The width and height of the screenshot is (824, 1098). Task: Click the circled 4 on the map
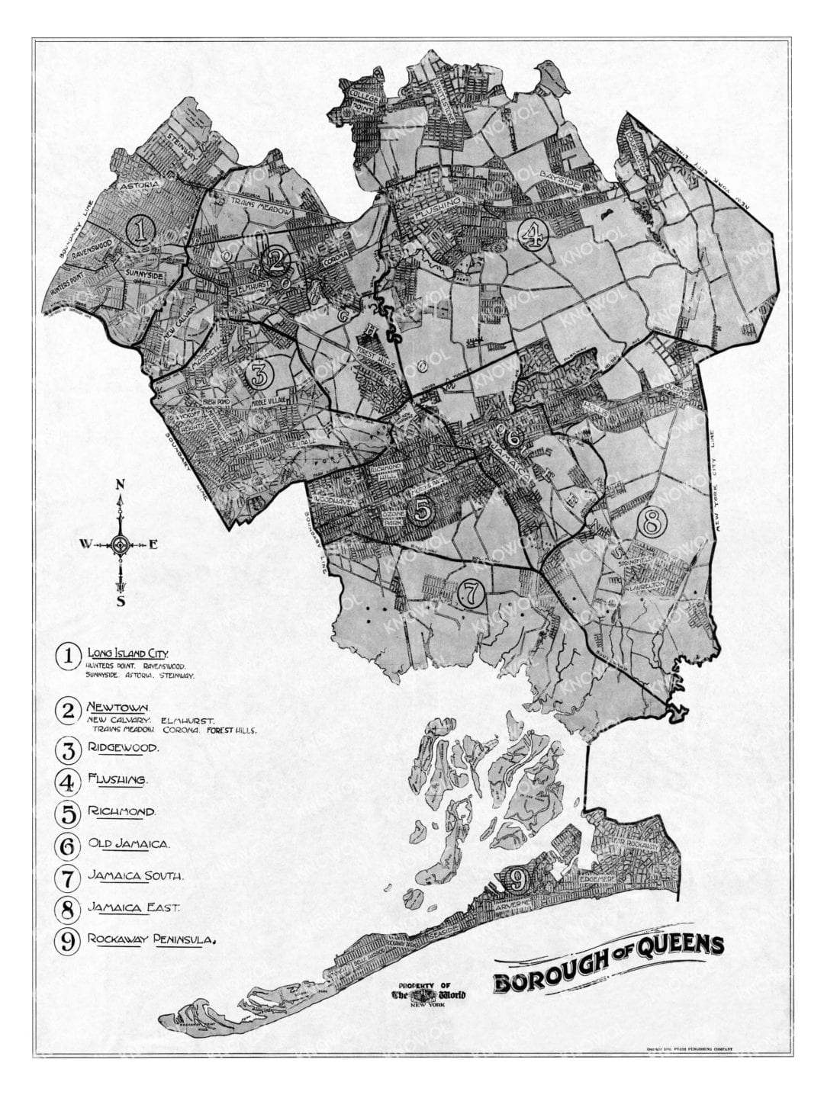[533, 234]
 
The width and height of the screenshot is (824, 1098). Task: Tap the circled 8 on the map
[653, 522]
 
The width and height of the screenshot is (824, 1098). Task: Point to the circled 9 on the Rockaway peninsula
[516, 880]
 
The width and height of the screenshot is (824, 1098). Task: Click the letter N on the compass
[120, 484]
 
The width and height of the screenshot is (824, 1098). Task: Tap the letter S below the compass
[120, 602]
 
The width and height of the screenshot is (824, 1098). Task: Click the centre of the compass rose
[120, 544]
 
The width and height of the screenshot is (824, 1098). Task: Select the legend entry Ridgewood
[123, 748]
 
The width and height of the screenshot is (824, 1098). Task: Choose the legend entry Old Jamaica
[128, 844]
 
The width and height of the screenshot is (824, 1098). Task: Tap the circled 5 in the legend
[69, 813]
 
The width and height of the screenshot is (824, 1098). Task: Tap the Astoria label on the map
[137, 185]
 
